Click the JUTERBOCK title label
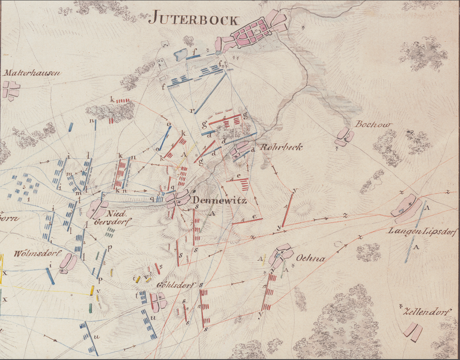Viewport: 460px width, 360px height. (193, 18)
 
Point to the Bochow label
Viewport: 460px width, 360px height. (366, 124)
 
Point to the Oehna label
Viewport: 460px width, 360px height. (311, 258)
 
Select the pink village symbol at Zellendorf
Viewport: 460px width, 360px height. (413, 330)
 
